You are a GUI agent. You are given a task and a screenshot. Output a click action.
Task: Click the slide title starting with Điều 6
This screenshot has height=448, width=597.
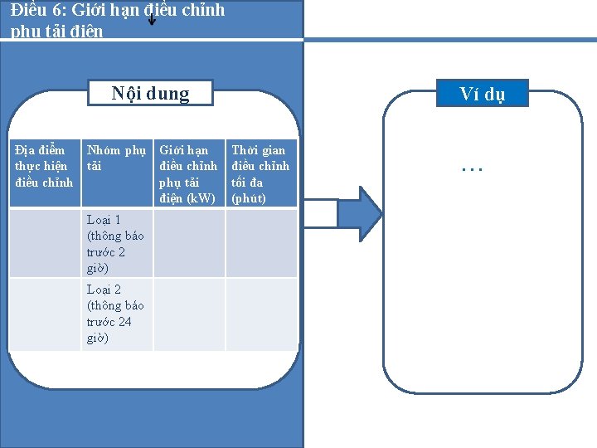coord(116,20)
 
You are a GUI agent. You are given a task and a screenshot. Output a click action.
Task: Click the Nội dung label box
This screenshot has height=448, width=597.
coord(151,93)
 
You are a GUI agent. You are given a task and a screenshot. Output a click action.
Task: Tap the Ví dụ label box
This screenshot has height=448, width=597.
coord(482,94)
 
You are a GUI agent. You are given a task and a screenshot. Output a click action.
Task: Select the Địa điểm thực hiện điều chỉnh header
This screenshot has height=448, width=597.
coord(45,166)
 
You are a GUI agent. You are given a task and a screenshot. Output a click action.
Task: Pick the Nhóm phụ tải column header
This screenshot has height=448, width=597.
coord(116,158)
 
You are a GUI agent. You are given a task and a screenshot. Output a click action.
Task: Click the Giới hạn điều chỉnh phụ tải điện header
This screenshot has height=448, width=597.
coord(188,173)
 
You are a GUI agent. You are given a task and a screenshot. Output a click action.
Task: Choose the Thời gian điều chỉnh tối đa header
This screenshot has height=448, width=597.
coord(260,173)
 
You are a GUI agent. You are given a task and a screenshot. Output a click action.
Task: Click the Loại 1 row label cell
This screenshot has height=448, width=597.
coord(116,243)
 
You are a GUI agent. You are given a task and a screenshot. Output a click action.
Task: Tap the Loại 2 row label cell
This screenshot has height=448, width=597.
coord(116,314)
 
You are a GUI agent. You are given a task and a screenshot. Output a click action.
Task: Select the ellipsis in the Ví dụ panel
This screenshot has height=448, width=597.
coord(472,168)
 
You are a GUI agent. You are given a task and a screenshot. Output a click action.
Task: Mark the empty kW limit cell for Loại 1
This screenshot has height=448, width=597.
coord(189,243)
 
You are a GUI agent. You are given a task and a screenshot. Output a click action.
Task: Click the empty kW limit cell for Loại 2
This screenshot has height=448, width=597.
coord(189,314)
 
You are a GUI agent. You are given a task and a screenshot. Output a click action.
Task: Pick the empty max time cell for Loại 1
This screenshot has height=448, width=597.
coord(261,243)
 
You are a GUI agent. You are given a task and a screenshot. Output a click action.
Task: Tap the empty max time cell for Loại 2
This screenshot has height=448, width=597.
coord(261,314)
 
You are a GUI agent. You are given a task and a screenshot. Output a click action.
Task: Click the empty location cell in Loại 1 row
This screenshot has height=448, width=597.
coord(45,243)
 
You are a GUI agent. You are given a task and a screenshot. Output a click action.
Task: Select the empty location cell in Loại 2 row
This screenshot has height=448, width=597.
coord(45,314)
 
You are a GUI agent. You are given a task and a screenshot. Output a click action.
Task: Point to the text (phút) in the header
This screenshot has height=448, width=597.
coord(249,198)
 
